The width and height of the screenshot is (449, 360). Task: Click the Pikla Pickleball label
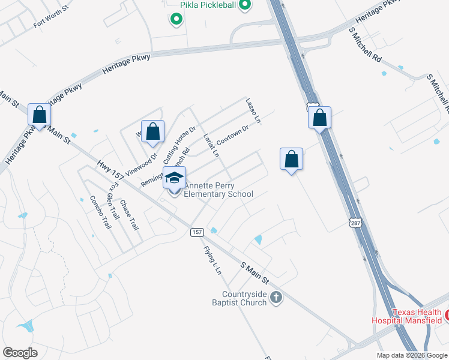208,5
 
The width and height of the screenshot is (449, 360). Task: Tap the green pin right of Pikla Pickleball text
244,6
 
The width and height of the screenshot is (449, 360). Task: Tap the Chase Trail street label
129,215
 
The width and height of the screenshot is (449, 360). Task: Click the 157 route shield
196,232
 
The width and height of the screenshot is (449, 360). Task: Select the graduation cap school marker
175,179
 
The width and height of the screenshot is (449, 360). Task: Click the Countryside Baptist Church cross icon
276,297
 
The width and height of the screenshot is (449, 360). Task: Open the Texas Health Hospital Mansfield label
418,316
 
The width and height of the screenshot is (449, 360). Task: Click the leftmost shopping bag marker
40,115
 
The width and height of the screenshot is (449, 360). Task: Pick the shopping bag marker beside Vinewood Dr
152,131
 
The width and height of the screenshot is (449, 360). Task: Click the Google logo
20,353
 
